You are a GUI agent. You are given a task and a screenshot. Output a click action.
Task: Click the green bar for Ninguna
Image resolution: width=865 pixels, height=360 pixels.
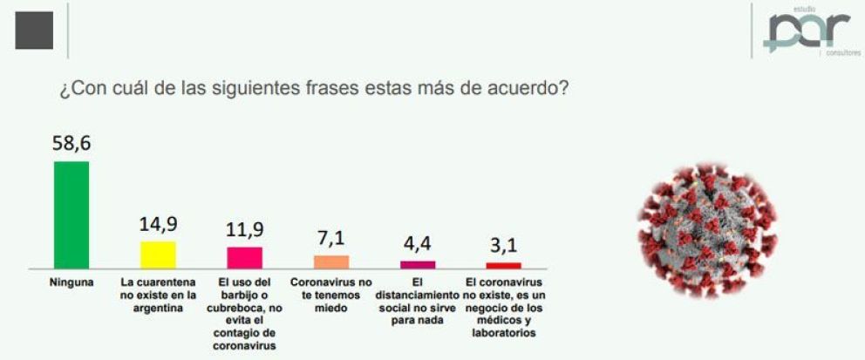click(x=71, y=214)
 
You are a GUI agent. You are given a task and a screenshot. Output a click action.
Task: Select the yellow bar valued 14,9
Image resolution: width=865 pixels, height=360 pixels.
click(x=158, y=255)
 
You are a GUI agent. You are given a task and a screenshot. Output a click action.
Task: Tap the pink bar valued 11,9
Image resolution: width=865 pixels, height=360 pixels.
click(x=244, y=257)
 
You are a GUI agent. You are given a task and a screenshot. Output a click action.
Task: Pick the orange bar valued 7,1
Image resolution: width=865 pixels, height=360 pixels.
click(x=330, y=262)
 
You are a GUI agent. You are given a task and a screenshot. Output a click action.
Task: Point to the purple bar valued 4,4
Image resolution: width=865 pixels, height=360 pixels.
click(x=418, y=264)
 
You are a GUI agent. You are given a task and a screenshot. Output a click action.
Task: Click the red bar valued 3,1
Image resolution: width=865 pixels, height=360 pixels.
click(x=503, y=265)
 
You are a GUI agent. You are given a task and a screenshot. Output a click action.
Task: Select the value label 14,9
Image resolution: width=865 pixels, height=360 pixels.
click(x=158, y=225)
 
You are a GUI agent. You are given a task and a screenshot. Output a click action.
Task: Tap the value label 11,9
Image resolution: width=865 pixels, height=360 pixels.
click(x=244, y=230)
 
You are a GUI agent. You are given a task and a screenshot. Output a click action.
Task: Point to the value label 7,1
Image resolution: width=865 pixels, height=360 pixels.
click(x=331, y=239)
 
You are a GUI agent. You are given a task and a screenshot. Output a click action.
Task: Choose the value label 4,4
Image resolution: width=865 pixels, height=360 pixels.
click(x=418, y=245)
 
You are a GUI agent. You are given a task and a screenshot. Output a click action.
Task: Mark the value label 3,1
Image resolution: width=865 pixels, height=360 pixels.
click(x=503, y=247)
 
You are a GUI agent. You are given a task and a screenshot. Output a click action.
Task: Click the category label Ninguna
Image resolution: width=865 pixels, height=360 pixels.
click(x=71, y=283)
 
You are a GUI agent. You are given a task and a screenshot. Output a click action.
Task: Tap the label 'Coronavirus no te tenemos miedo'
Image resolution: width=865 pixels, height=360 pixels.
click(x=330, y=295)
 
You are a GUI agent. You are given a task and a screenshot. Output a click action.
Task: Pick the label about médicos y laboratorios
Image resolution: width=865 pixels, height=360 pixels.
click(x=503, y=307)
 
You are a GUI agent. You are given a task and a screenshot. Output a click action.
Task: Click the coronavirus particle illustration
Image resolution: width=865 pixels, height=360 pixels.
click(x=707, y=229)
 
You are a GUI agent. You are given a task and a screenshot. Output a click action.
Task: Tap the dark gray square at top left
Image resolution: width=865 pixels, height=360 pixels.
click(x=34, y=31)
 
